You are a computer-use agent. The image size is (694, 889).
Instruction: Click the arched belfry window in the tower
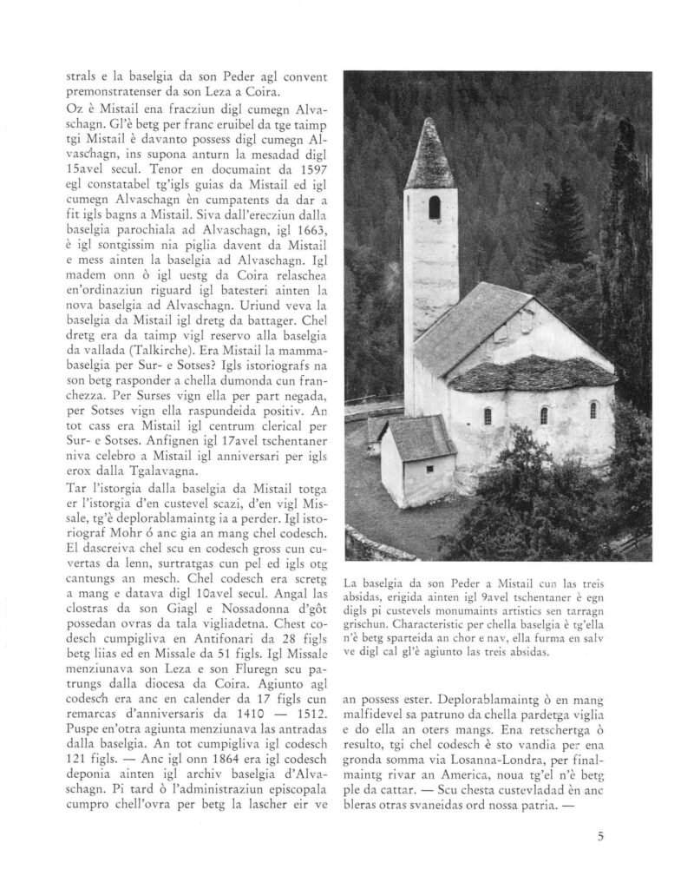pyautogui.click(x=434, y=207)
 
